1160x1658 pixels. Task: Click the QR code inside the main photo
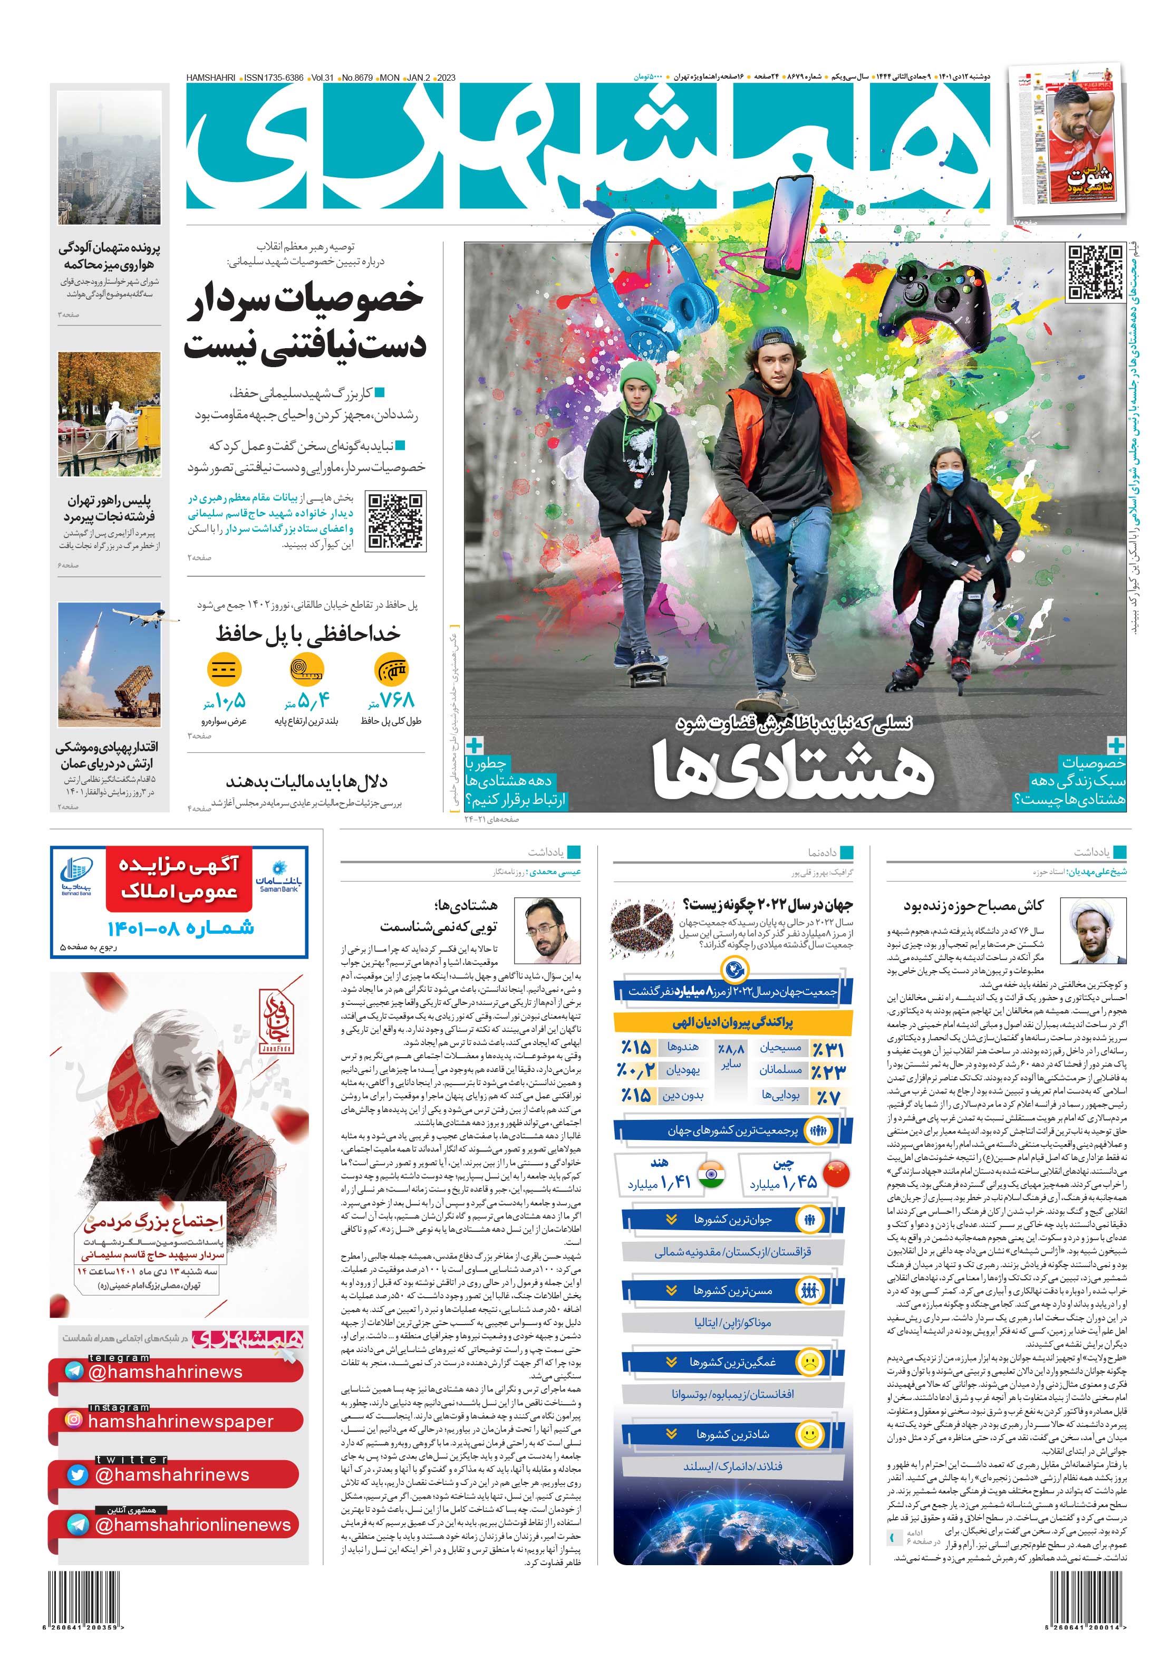click(1094, 272)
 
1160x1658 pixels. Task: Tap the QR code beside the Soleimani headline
click(395, 521)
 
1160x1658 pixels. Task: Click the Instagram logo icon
click(74, 1420)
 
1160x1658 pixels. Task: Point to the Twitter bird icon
click(77, 1474)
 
